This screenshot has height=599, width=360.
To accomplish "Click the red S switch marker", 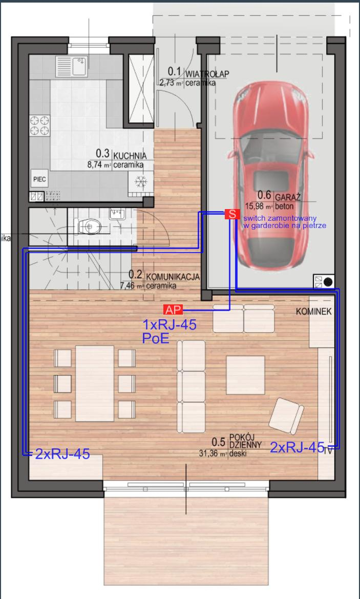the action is pyautogui.click(x=232, y=214).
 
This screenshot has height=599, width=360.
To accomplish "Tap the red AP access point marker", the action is pyautogui.click(x=173, y=309).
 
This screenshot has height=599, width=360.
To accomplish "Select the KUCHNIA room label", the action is pyautogui.click(x=130, y=155).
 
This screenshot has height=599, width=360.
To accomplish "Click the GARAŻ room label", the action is pyautogui.click(x=288, y=197).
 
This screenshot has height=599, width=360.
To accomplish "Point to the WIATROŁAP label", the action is pyautogui.click(x=207, y=74).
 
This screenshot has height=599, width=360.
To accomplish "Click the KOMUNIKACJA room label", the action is pyautogui.click(x=173, y=277).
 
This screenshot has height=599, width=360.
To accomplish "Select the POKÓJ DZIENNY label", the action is pyautogui.click(x=245, y=441).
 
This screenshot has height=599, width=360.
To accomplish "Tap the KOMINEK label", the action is pyautogui.click(x=314, y=312).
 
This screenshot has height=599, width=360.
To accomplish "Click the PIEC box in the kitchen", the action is pyautogui.click(x=40, y=179).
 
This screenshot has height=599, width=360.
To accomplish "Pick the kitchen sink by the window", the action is pyautogui.click(x=72, y=66).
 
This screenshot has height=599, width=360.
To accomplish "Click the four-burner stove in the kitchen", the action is pyautogui.click(x=40, y=126).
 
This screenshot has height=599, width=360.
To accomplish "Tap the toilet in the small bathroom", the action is pyautogui.click(x=89, y=228).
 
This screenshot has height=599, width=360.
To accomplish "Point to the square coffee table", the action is pyautogui.click(x=245, y=375).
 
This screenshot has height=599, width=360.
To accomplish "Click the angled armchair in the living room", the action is pyautogui.click(x=286, y=416).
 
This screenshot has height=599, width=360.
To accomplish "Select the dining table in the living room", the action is pyautogui.click(x=95, y=383).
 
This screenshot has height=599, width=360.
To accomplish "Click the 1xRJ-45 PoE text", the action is pyautogui.click(x=170, y=331).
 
